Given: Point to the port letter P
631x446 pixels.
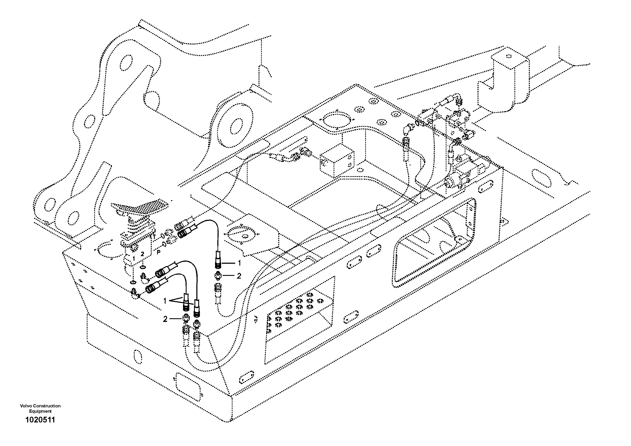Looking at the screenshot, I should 159,252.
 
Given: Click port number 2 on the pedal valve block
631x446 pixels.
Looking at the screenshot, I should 142,254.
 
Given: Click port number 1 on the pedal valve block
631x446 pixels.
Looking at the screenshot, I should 134,258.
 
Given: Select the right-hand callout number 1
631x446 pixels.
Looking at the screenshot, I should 239,263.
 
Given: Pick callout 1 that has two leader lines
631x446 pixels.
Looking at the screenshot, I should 165,301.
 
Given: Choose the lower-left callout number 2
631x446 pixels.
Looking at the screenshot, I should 165,319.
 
